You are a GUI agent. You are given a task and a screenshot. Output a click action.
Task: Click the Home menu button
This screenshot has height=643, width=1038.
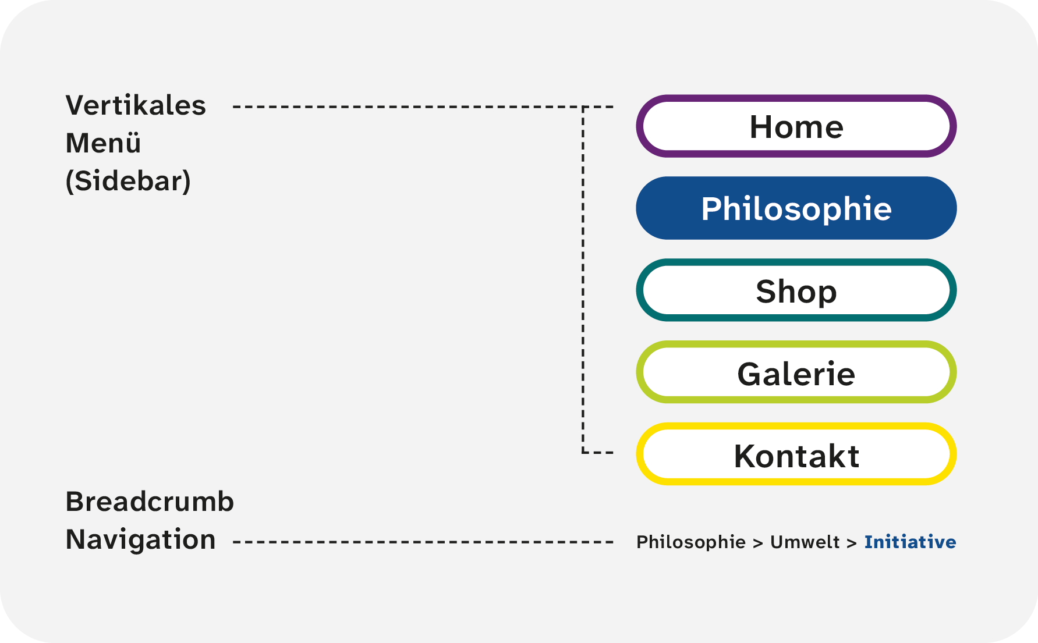[x=796, y=126]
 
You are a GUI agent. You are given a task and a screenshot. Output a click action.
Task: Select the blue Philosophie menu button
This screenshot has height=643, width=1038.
[x=796, y=208]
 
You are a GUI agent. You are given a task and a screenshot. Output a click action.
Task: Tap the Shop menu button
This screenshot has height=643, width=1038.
[x=796, y=290]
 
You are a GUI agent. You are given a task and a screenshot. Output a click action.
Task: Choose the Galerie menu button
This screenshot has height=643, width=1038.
[x=796, y=372]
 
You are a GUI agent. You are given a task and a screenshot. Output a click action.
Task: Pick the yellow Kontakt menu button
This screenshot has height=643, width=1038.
[x=796, y=454]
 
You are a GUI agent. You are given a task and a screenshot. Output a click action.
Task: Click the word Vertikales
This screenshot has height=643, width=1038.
[x=136, y=105]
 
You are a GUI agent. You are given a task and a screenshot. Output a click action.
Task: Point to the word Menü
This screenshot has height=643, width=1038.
[x=103, y=143]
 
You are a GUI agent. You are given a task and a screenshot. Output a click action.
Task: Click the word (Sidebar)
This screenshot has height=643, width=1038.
[x=128, y=181]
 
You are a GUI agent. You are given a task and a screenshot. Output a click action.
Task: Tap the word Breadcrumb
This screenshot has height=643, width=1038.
[x=150, y=502]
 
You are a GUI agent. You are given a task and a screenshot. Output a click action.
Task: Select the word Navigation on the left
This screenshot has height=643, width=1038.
[x=140, y=540]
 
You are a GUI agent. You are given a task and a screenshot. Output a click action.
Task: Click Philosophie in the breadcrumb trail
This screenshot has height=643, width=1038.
[x=691, y=542]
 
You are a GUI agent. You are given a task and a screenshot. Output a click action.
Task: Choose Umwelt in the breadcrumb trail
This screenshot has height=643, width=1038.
[x=805, y=542]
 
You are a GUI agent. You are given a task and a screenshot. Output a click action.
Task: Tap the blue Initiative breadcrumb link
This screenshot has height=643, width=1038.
[x=910, y=542]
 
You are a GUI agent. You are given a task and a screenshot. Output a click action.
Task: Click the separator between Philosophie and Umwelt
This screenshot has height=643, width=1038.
[x=758, y=543]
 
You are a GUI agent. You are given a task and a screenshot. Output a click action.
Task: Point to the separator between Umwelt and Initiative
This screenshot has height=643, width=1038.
[x=852, y=543]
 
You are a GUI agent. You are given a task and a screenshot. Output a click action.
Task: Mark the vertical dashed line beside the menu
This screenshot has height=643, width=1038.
[x=583, y=279]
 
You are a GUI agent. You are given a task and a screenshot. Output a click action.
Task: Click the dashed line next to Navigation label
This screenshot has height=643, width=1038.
[x=423, y=542]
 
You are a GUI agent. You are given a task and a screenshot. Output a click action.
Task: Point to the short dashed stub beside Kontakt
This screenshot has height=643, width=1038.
[x=598, y=452]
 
